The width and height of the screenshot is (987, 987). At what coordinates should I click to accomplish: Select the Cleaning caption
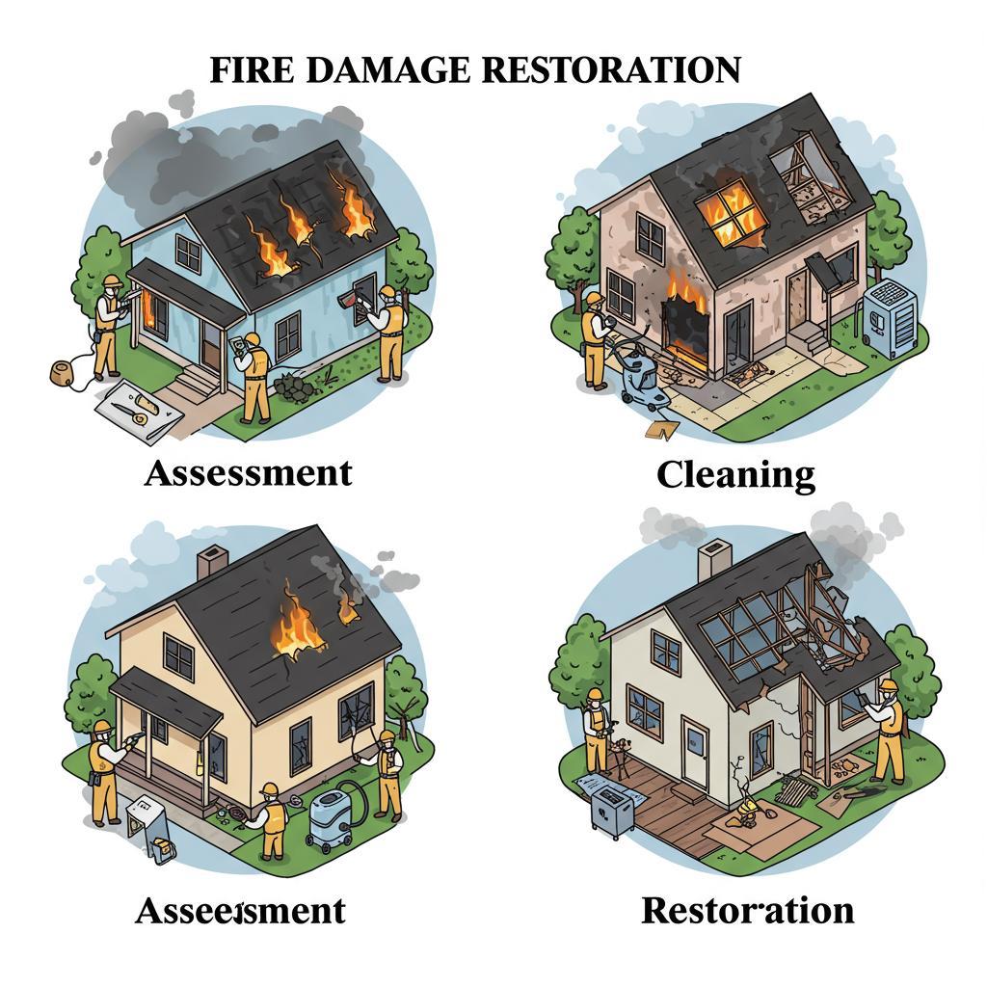[x=735, y=474]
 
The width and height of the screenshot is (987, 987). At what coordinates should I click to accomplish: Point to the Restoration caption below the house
[x=747, y=909]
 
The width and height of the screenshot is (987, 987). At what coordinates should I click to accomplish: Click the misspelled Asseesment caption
[x=240, y=909]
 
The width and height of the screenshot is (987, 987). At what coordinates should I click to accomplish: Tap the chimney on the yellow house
[x=211, y=563]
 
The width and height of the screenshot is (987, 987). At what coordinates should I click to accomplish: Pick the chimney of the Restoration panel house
[x=714, y=559]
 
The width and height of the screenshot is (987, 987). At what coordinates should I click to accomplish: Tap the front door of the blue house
[x=211, y=344]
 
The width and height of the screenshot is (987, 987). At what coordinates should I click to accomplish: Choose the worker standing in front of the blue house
[x=254, y=378]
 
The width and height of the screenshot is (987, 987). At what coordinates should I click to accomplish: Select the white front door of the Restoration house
[x=696, y=751]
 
